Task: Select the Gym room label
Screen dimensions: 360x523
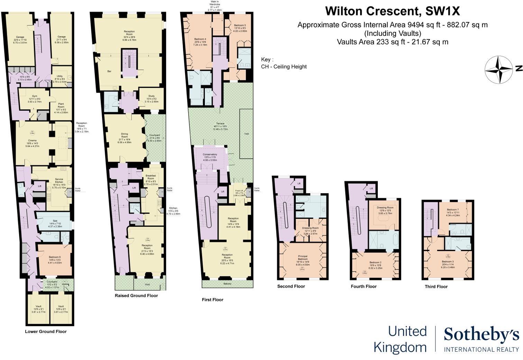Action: [x=34, y=96]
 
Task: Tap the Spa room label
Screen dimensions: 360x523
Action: [x=55, y=221]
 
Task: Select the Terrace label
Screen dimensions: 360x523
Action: [x=220, y=123]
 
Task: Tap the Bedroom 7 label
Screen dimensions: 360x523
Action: [x=452, y=210]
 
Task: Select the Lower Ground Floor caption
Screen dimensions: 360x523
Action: [x=46, y=331]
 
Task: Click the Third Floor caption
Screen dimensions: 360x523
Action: [x=436, y=287]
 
